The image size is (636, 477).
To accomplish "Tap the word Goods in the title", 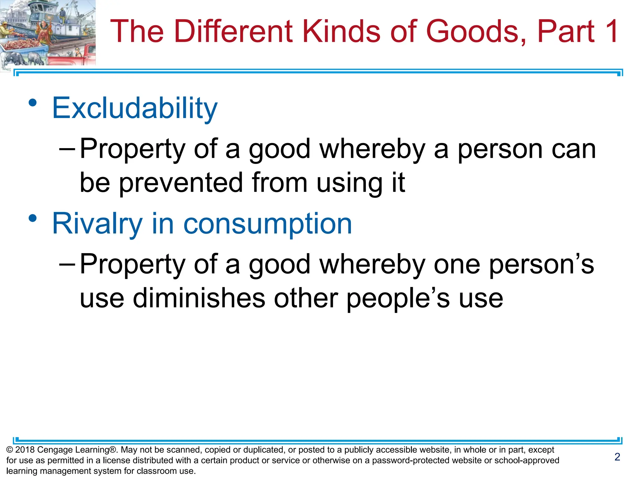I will [x=472, y=31].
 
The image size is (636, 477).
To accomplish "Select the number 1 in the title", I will [x=611, y=31].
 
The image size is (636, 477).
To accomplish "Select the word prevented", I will [x=181, y=183].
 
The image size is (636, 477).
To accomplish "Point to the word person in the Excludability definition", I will [x=500, y=149].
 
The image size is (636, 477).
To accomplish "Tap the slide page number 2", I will [x=617, y=457].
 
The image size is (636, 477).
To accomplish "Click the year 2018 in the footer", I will [x=25, y=450].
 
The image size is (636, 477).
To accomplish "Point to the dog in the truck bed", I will [x=70, y=53].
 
